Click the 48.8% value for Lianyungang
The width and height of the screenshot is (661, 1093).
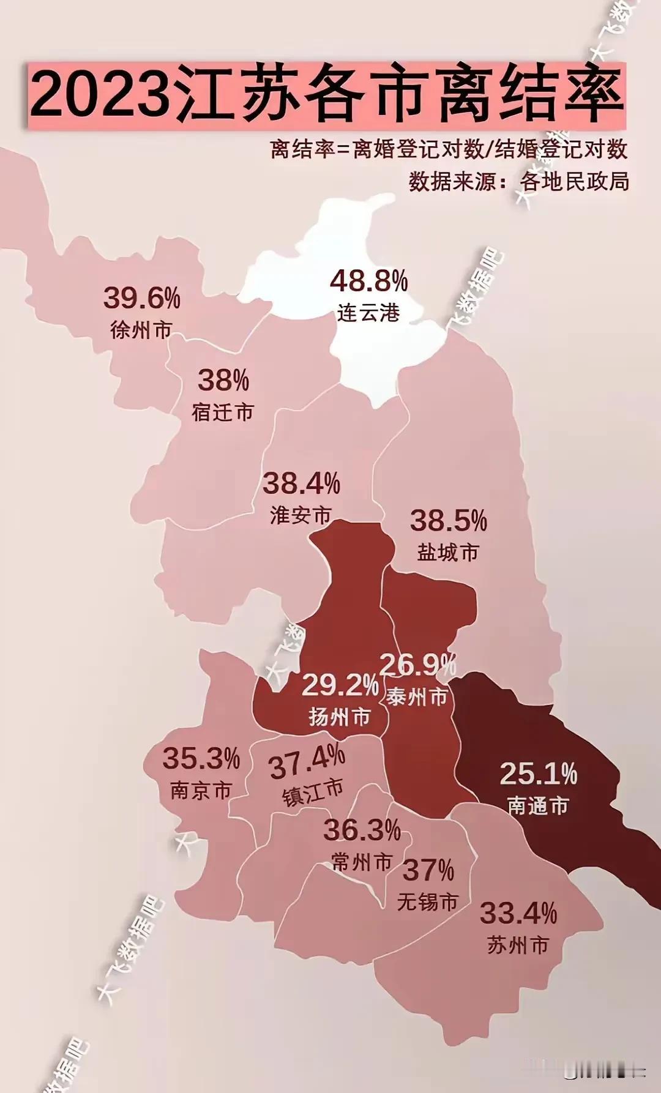click(x=368, y=282)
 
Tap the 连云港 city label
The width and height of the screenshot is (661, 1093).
click(x=368, y=313)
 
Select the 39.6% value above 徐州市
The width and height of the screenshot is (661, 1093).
click(x=142, y=298)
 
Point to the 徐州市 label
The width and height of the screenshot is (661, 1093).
click(x=141, y=330)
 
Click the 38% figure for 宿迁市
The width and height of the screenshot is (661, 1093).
click(x=223, y=381)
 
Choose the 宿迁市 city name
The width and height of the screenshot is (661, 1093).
click(x=223, y=412)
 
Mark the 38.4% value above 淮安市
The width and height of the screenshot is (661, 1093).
click(x=301, y=484)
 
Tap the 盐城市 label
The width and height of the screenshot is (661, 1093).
click(x=448, y=553)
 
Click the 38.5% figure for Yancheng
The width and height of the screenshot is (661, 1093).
click(x=449, y=521)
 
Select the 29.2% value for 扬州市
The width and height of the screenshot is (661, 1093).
click(x=340, y=685)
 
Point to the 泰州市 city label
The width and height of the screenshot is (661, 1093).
click(x=417, y=696)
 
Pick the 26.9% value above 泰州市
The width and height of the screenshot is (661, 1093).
click(x=418, y=665)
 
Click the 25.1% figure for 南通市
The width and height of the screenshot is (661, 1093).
click(x=539, y=774)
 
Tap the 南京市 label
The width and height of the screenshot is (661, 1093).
click(x=201, y=791)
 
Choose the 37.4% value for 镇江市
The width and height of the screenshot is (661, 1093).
click(x=307, y=762)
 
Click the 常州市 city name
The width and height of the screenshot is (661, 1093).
click(x=362, y=862)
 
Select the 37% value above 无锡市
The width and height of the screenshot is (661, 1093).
click(x=428, y=870)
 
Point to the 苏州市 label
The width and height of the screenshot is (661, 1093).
click(x=518, y=946)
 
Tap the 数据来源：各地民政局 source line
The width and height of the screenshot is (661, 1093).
click(x=519, y=182)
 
